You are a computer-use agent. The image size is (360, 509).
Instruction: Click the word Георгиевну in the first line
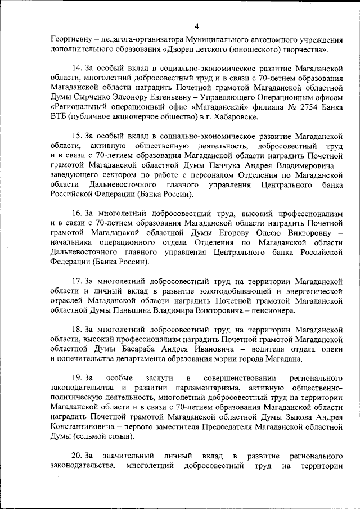point(69,39)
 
